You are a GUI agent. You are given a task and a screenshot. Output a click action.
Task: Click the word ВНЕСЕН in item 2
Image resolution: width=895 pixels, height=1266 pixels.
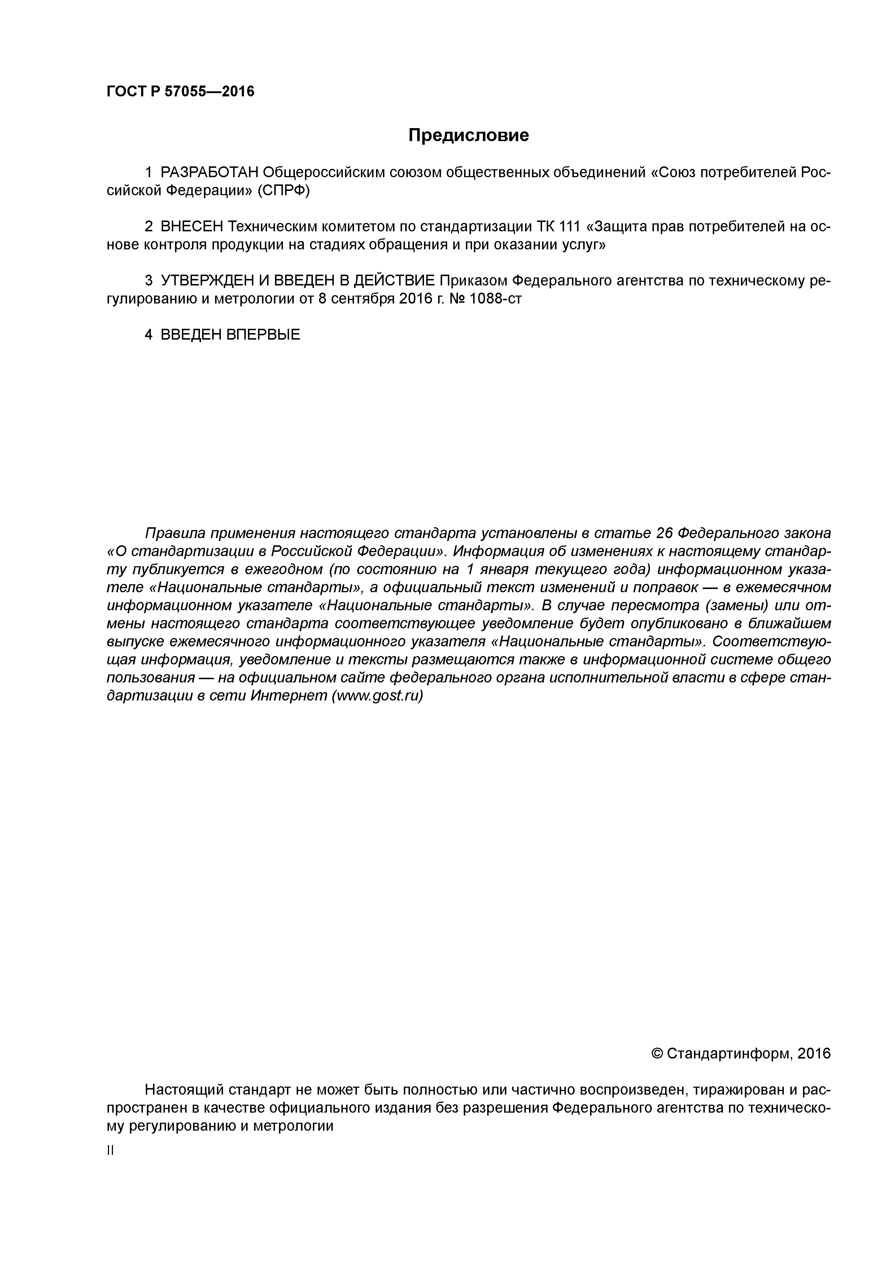pyautogui.click(x=191, y=227)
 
